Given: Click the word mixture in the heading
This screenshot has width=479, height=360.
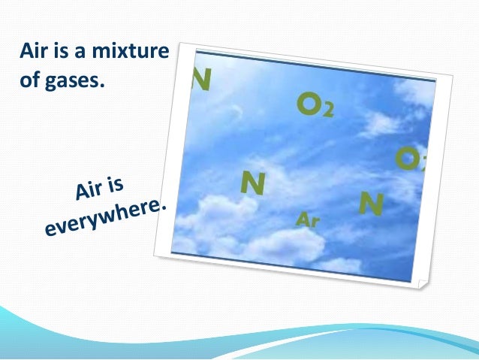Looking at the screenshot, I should [135, 52].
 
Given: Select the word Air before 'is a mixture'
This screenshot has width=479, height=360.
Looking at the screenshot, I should [33, 52].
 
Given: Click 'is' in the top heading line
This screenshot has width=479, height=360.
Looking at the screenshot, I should [65, 52].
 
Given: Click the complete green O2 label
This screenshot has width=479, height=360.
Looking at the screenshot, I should [315, 107].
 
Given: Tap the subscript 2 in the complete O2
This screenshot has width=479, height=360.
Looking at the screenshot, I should [328, 112].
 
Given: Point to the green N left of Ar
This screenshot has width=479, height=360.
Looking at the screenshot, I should [252, 183].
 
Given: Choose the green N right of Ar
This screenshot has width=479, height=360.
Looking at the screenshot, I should [372, 203].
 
